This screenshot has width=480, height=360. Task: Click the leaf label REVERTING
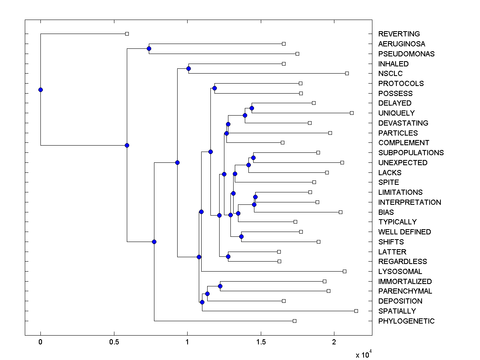[399, 34]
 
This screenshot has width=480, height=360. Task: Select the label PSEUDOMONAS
[406, 54]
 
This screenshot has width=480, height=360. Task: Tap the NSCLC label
[390, 74]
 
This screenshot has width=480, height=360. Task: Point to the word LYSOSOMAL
[400, 272]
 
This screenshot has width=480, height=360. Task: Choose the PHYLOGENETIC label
[406, 321]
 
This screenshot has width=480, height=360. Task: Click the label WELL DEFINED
[404, 232]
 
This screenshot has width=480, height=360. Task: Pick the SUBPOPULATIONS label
[411, 153]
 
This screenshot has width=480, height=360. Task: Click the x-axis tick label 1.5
[261, 342]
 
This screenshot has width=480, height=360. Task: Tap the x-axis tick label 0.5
[114, 342]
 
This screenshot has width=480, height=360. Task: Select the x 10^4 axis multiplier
[364, 354]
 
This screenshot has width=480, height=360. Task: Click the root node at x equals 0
[40, 90]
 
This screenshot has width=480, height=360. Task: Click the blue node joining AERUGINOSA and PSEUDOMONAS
[149, 49]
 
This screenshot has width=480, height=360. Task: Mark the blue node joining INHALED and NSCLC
[188, 69]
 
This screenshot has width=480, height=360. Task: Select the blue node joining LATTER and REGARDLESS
[228, 256]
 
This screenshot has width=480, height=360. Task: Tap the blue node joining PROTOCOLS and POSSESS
[214, 88]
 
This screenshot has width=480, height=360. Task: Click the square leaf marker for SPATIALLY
[356, 311]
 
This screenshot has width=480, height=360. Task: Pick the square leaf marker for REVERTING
[127, 34]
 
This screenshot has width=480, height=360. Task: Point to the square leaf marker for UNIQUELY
[352, 113]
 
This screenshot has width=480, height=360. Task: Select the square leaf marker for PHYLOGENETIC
[294, 321]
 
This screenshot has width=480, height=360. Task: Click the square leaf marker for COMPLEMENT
[282, 142]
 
